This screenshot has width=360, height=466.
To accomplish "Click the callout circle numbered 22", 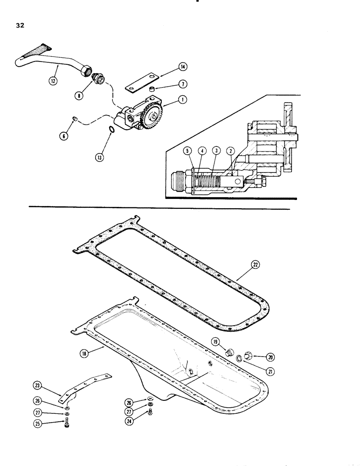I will point(255,264).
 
